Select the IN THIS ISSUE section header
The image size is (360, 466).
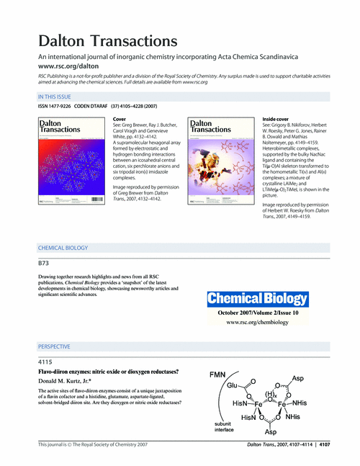point(58,96)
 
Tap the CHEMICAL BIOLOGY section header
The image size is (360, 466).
point(66,248)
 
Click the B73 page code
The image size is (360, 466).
point(44,263)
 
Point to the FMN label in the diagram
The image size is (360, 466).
point(219,375)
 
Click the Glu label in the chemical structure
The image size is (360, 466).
point(231,386)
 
